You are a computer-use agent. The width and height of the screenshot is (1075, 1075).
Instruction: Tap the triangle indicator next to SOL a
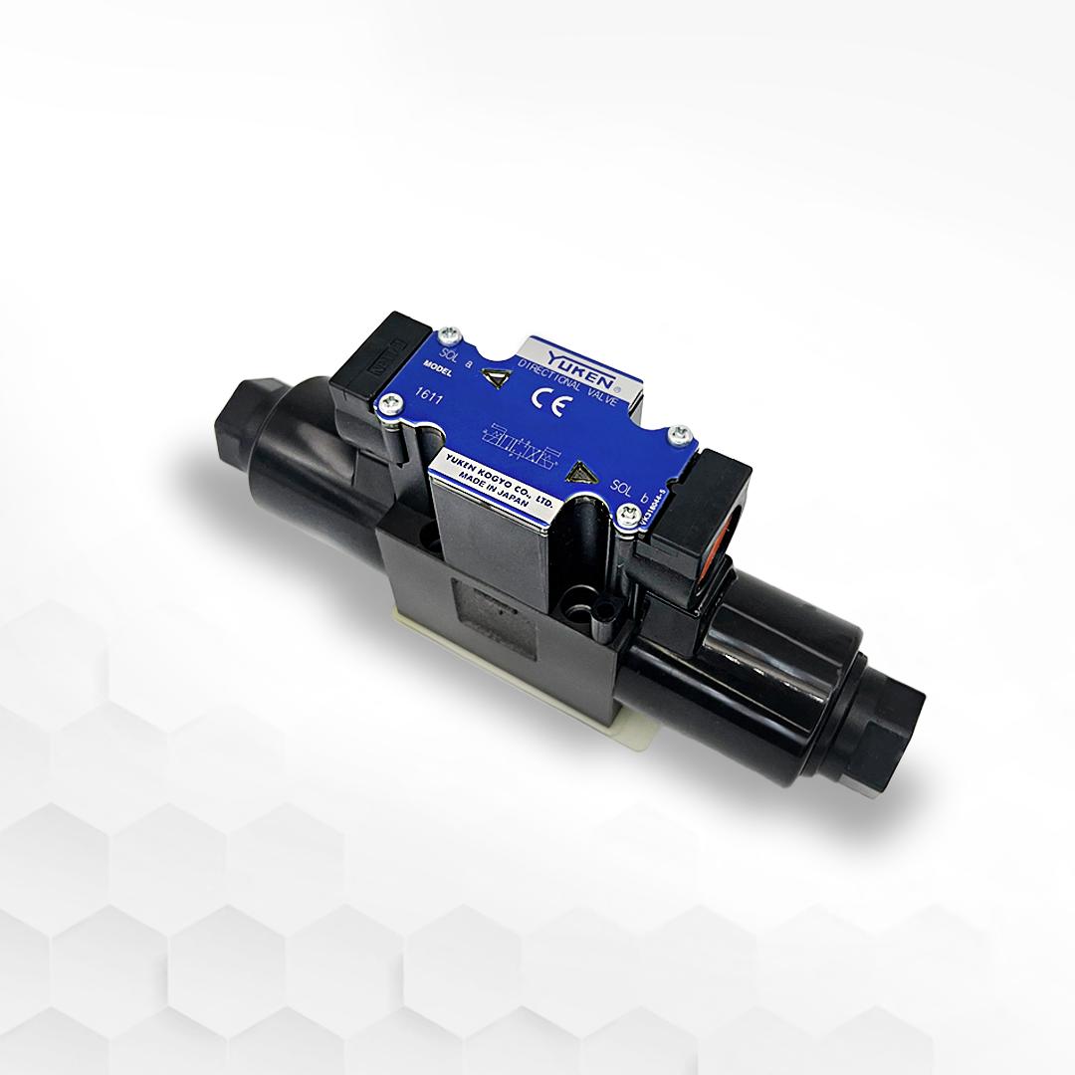pyautogui.click(x=494, y=377)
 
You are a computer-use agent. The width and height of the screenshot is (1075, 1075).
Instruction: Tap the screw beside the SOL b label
pyautogui.click(x=627, y=514)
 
